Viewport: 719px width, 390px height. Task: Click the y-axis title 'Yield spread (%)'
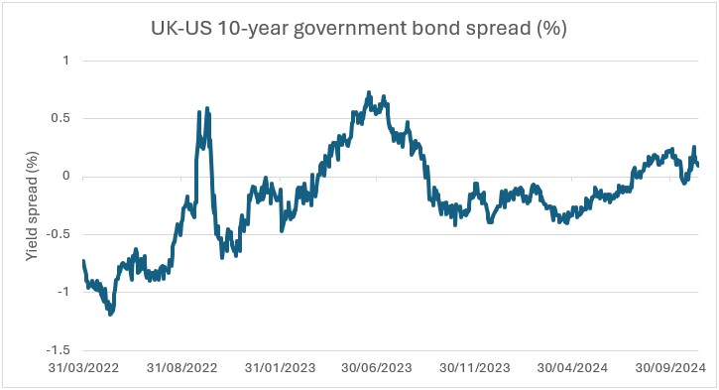pyautogui.click(x=33, y=204)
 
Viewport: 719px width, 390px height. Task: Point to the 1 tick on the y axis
pyautogui.click(x=66, y=61)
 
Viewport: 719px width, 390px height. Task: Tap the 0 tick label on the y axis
pyautogui.click(x=66, y=177)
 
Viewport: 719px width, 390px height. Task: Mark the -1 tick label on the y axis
pyautogui.click(x=64, y=293)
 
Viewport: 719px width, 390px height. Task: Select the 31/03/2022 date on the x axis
pyautogui.click(x=83, y=367)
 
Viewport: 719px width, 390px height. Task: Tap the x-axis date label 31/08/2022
pyautogui.click(x=181, y=367)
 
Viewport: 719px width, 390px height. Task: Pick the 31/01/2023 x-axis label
pyautogui.click(x=280, y=367)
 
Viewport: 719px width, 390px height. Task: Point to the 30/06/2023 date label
pyautogui.click(x=378, y=367)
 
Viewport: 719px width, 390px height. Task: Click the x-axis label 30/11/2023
pyautogui.click(x=475, y=367)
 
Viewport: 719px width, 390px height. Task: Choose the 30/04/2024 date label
pyautogui.click(x=573, y=367)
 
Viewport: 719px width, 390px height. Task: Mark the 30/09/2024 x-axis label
pyautogui.click(x=671, y=367)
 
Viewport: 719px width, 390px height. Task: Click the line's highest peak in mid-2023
pyautogui.click(x=369, y=92)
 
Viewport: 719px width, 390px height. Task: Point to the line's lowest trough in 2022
pyautogui.click(x=110, y=315)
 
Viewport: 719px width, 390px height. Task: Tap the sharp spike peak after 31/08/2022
pyautogui.click(x=206, y=108)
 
